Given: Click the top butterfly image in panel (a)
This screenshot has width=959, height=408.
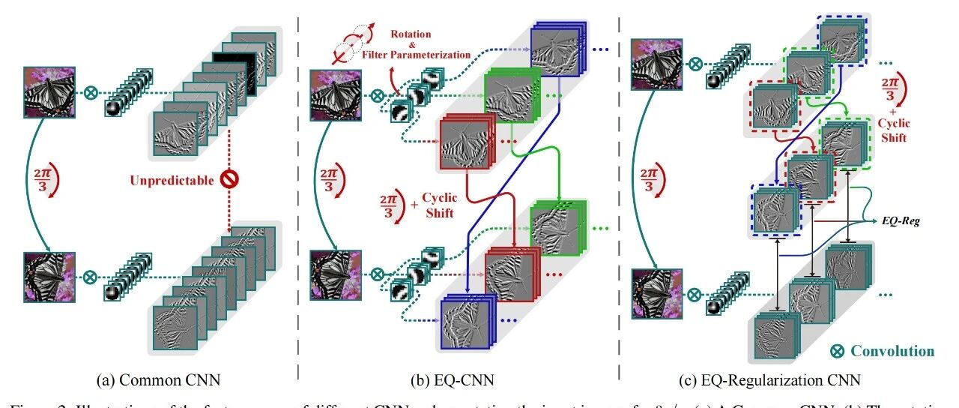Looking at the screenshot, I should pos(50,91).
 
